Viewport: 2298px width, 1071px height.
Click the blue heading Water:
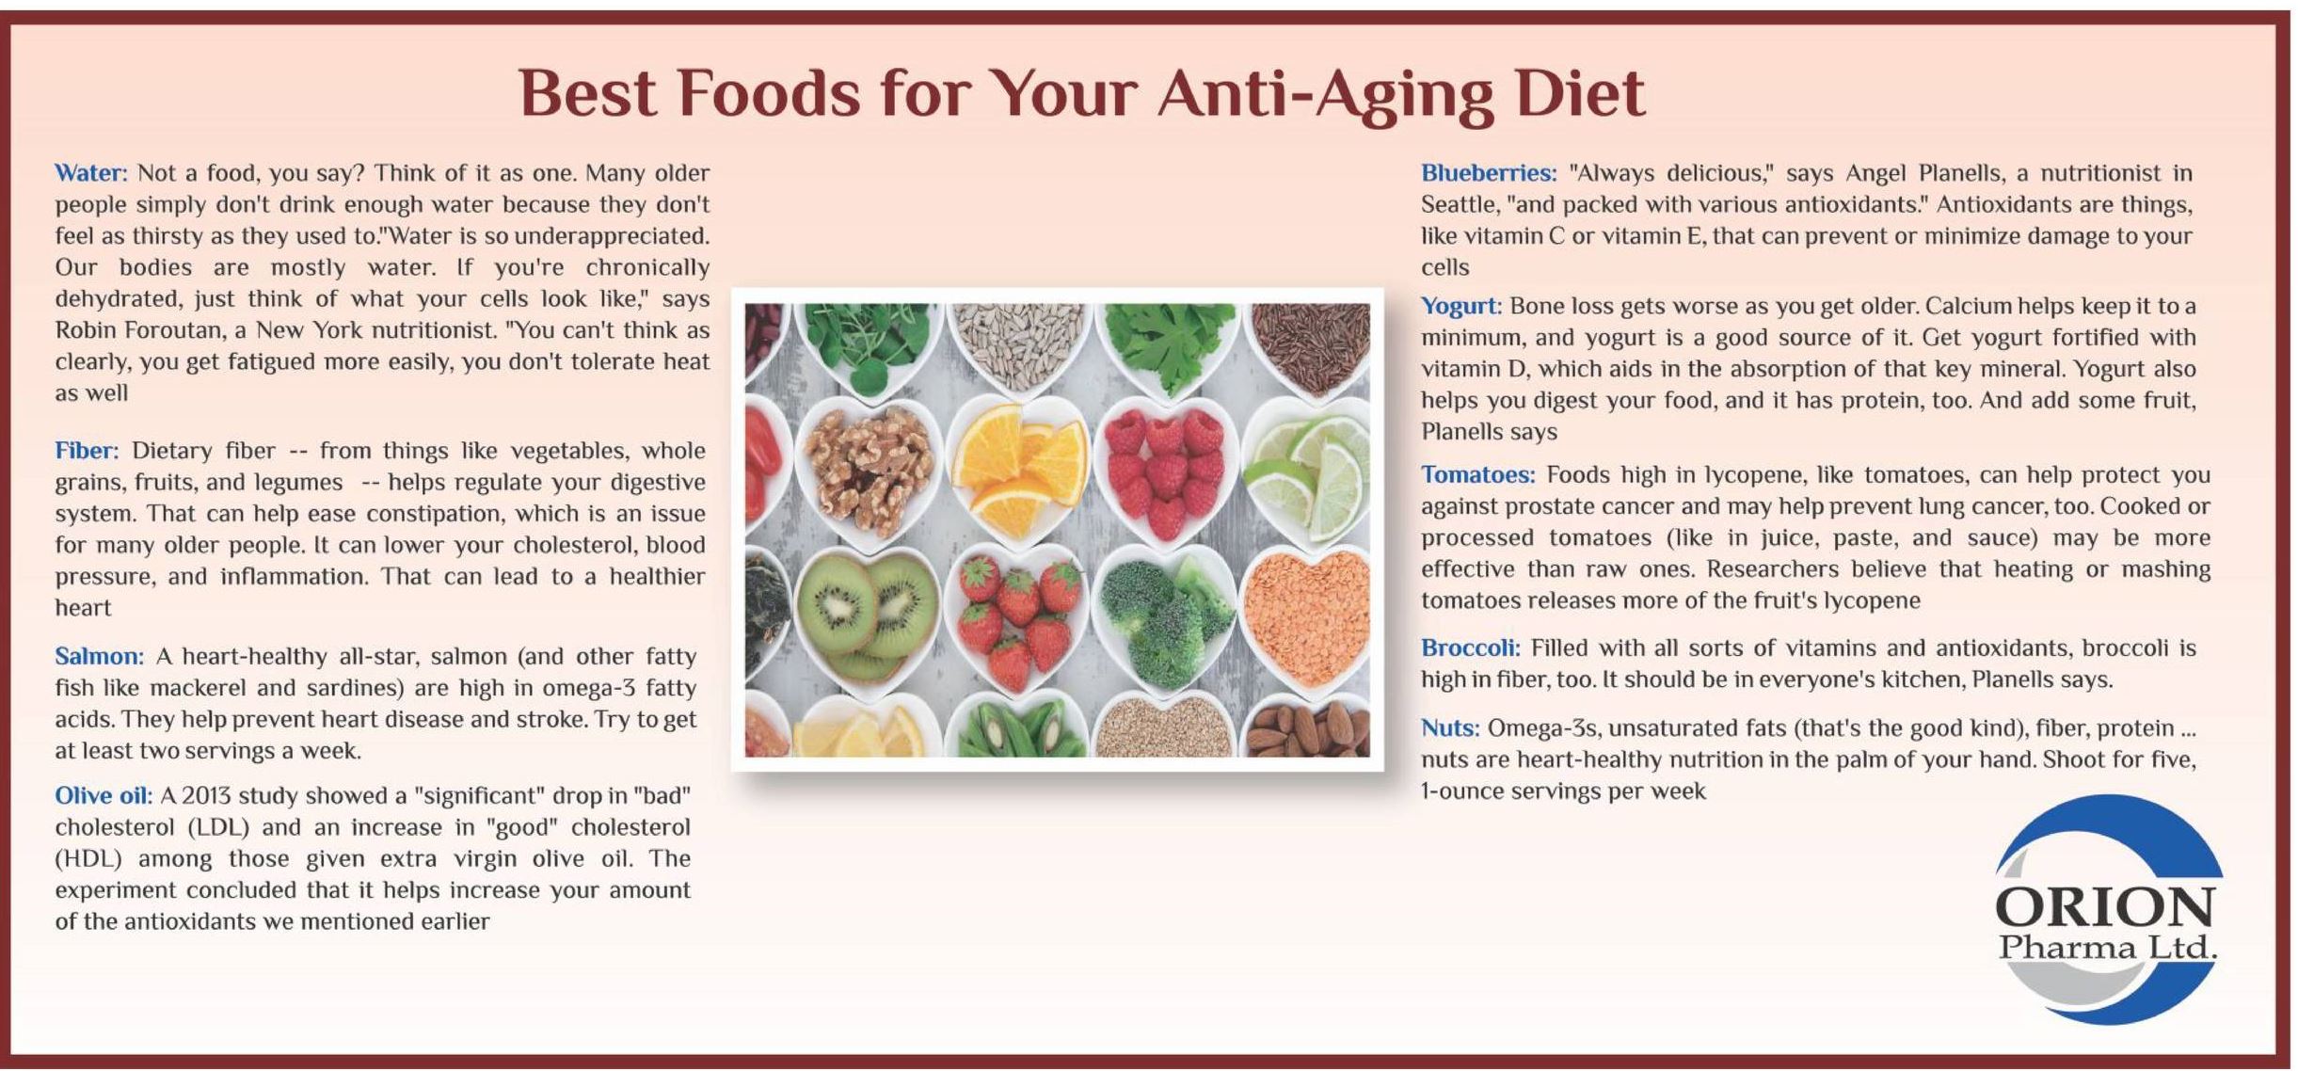pyautogui.click(x=90, y=173)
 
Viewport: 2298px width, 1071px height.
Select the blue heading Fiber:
pyautogui.click(x=87, y=451)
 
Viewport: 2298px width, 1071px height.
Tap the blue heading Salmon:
pyautogui.click(x=99, y=656)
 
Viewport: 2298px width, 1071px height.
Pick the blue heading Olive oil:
pyautogui.click(x=104, y=795)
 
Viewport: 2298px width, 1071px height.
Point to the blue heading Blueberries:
pyautogui.click(x=1489, y=173)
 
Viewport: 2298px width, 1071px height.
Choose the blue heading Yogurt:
pyautogui.click(x=1461, y=307)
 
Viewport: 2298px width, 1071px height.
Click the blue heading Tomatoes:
pyautogui.click(x=1477, y=474)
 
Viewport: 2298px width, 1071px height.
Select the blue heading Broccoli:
pyautogui.click(x=1470, y=647)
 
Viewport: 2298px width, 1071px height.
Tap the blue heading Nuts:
pyautogui.click(x=1450, y=727)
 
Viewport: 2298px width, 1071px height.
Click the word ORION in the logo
pyautogui.click(x=2104, y=907)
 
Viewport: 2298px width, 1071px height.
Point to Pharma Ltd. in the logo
pyautogui.click(x=2107, y=947)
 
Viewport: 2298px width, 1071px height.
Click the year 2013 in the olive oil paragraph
pyautogui.click(x=206, y=796)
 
